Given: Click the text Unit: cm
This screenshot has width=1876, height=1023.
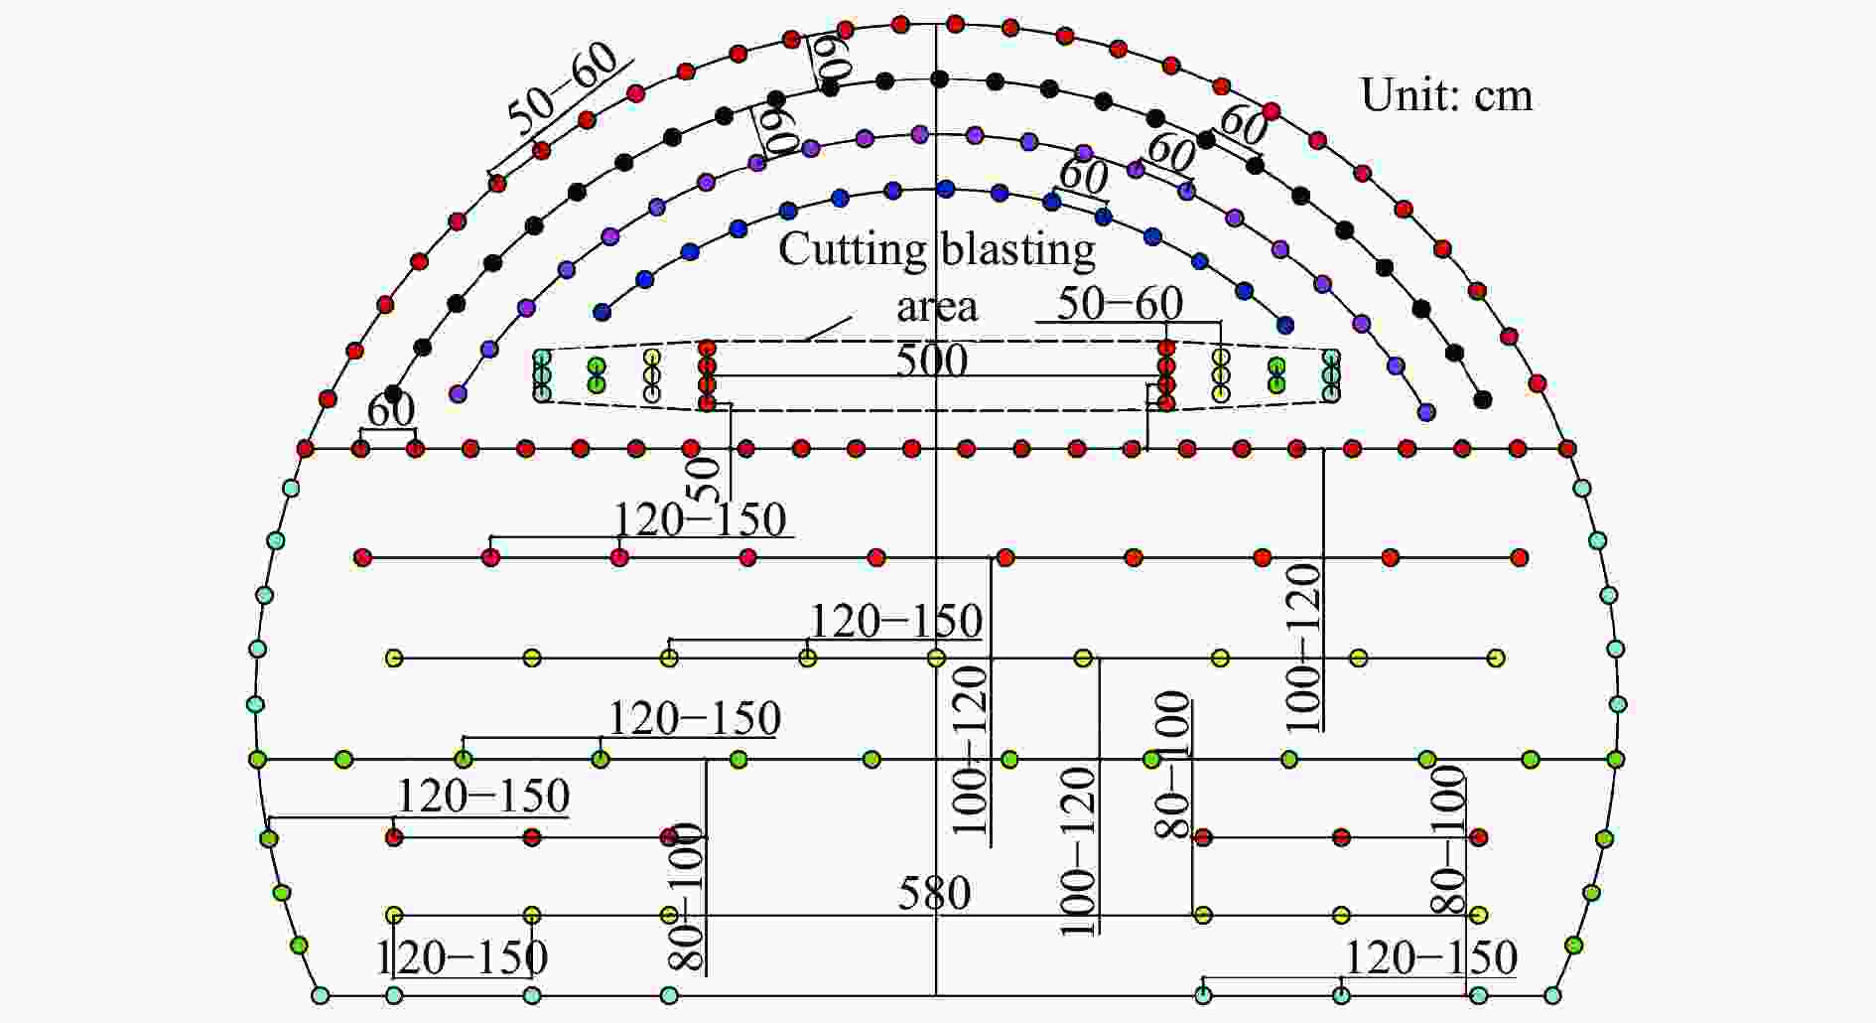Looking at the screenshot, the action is [1446, 95].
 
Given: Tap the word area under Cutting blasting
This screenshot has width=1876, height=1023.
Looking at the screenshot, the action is [937, 307].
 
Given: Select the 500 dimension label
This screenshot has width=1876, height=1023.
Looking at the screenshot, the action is [931, 360].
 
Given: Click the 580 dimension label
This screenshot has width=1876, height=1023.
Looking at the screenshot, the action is [934, 893].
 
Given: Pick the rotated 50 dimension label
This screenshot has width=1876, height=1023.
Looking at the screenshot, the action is [703, 480].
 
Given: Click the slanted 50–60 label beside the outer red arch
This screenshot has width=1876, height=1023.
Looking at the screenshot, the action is [563, 88].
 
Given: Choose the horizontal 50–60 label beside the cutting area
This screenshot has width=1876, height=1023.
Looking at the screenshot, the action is [1120, 304].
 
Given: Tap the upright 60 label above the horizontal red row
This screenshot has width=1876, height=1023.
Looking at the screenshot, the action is [391, 409].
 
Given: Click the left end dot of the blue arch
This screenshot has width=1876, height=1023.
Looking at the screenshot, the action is [602, 312].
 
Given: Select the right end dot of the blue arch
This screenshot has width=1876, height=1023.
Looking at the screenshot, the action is [1285, 325].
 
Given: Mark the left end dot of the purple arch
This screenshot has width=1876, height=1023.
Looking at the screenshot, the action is [458, 393].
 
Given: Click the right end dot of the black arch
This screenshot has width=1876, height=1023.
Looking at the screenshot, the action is [1483, 399].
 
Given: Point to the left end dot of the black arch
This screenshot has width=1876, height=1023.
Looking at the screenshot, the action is [393, 393].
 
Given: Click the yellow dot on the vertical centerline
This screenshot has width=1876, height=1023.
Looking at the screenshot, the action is [936, 658].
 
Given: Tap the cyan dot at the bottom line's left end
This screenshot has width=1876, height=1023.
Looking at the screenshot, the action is [320, 995].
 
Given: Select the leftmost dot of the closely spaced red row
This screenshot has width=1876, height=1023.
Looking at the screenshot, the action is [305, 449].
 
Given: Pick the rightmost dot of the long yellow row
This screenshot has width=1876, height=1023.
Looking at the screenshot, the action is [1496, 658].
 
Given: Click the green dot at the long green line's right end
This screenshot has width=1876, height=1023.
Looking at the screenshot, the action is [1616, 760].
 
